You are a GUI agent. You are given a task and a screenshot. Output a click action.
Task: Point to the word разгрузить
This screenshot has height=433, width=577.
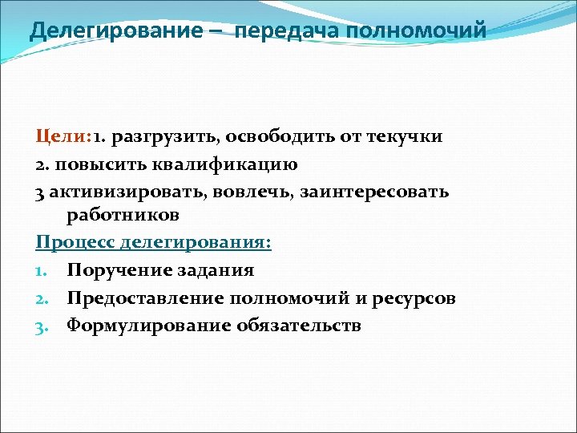tap(177, 136)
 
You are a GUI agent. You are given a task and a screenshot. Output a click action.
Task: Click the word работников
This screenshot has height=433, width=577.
tap(123, 216)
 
